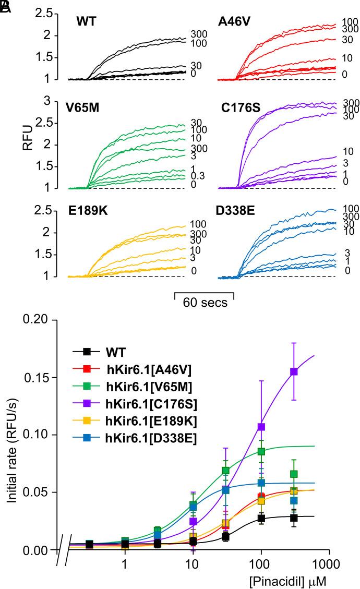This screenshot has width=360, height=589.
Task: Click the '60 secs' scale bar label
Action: click(205, 303)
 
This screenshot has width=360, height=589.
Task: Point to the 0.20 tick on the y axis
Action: click(44, 320)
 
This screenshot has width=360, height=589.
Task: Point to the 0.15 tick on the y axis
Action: click(44, 377)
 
